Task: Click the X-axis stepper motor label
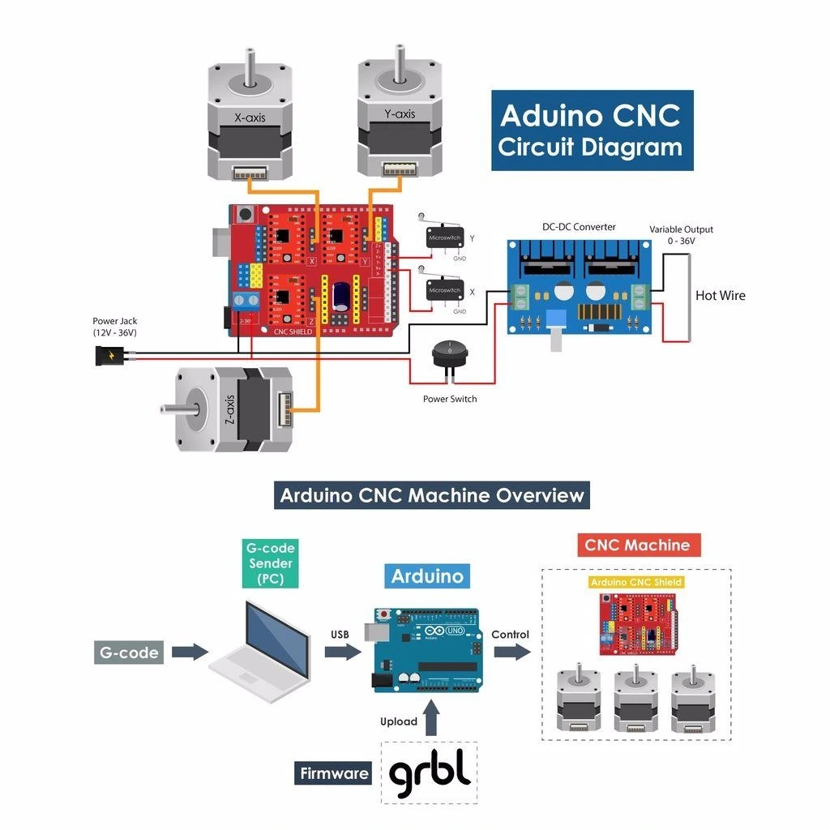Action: pyautogui.click(x=250, y=118)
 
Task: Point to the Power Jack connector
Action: pyautogui.click(x=108, y=355)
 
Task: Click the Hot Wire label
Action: pyautogui.click(x=720, y=296)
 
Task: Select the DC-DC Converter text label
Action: pyautogui.click(x=579, y=227)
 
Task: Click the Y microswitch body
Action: pyautogui.click(x=444, y=238)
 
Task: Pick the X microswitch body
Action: pyautogui.click(x=444, y=290)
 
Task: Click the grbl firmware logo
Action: pyautogui.click(x=430, y=773)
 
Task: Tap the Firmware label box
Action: pyautogui.click(x=334, y=773)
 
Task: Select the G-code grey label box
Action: pyautogui.click(x=130, y=652)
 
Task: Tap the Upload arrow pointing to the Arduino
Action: pyautogui.click(x=431, y=718)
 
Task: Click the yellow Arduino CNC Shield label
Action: pyautogui.click(x=636, y=582)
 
